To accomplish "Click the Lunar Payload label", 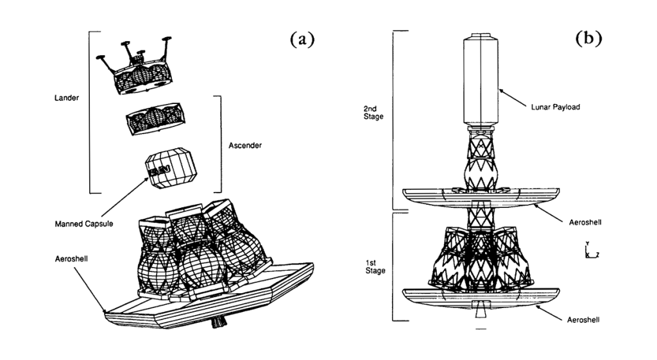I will pyautogui.click(x=556, y=107).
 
